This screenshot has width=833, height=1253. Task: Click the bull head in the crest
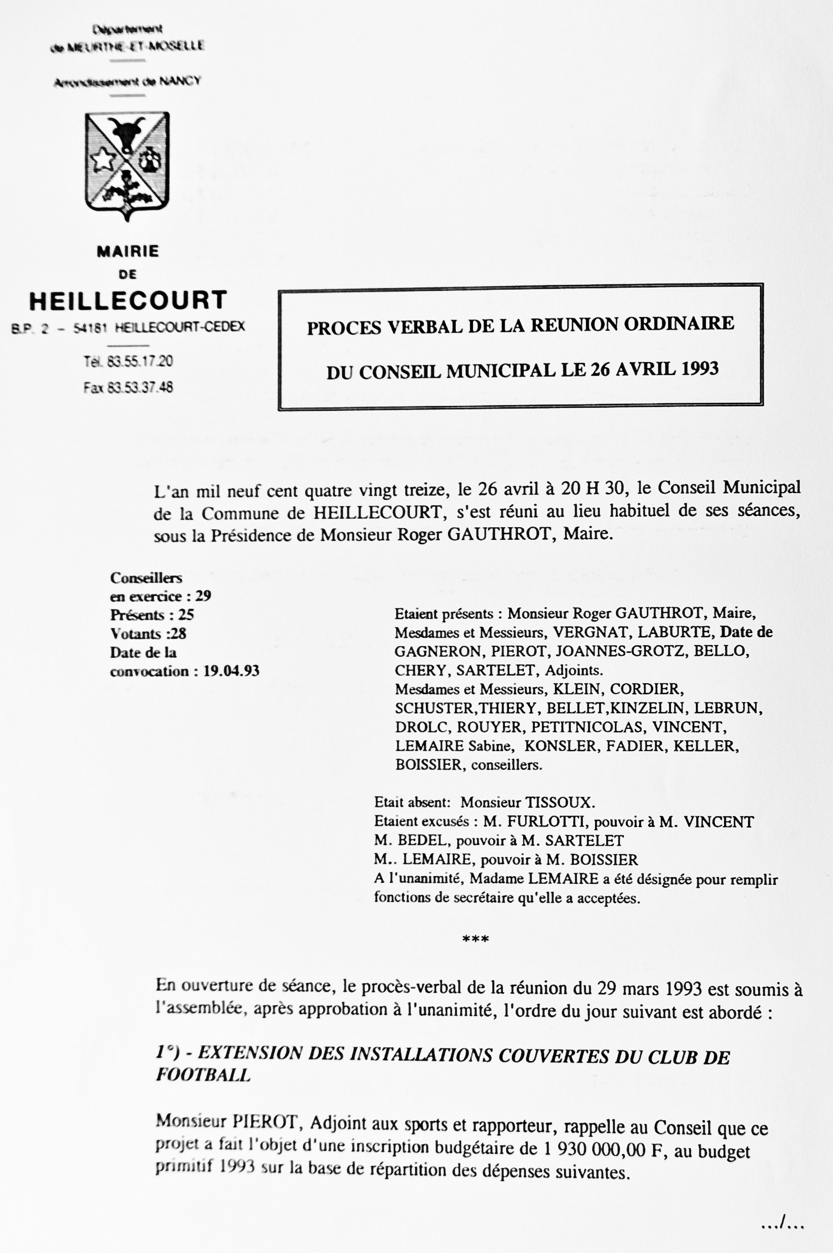coord(128,133)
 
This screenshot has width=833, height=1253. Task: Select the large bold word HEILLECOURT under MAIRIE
coord(128,301)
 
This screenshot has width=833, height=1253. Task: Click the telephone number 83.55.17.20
coord(140,361)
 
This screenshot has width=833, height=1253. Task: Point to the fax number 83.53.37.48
coord(140,387)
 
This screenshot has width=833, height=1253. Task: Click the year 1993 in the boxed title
coord(697,368)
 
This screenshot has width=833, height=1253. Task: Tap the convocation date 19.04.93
coord(231,671)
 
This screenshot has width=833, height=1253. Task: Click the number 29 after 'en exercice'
coord(203,596)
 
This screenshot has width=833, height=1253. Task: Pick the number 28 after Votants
coord(178,634)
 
